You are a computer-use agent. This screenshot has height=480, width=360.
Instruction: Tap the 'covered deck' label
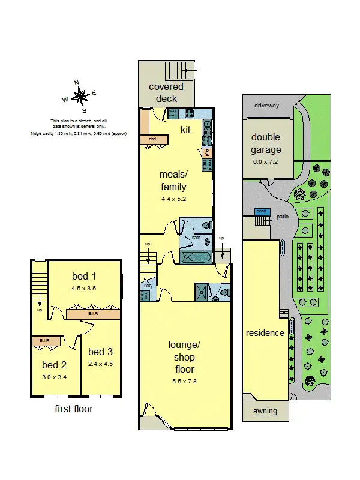166,92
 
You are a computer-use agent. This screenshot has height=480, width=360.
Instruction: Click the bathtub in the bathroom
196,257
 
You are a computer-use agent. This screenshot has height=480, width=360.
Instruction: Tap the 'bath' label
196,238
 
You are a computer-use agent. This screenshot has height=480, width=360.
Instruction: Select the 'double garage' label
266,144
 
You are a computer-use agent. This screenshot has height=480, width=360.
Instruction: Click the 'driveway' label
266,106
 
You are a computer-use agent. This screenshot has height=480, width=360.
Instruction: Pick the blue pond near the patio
261,212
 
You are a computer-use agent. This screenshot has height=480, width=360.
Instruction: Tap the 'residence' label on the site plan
265,333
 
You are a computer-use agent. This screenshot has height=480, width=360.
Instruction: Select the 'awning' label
265,411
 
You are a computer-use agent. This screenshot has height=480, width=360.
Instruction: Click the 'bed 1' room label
84,277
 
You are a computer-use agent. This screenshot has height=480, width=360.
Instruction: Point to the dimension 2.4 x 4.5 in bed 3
100,364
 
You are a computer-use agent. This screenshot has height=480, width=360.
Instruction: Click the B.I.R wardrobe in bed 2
46,341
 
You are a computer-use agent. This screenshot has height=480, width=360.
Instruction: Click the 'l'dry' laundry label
148,286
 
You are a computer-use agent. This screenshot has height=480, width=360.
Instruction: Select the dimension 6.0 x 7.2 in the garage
266,161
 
